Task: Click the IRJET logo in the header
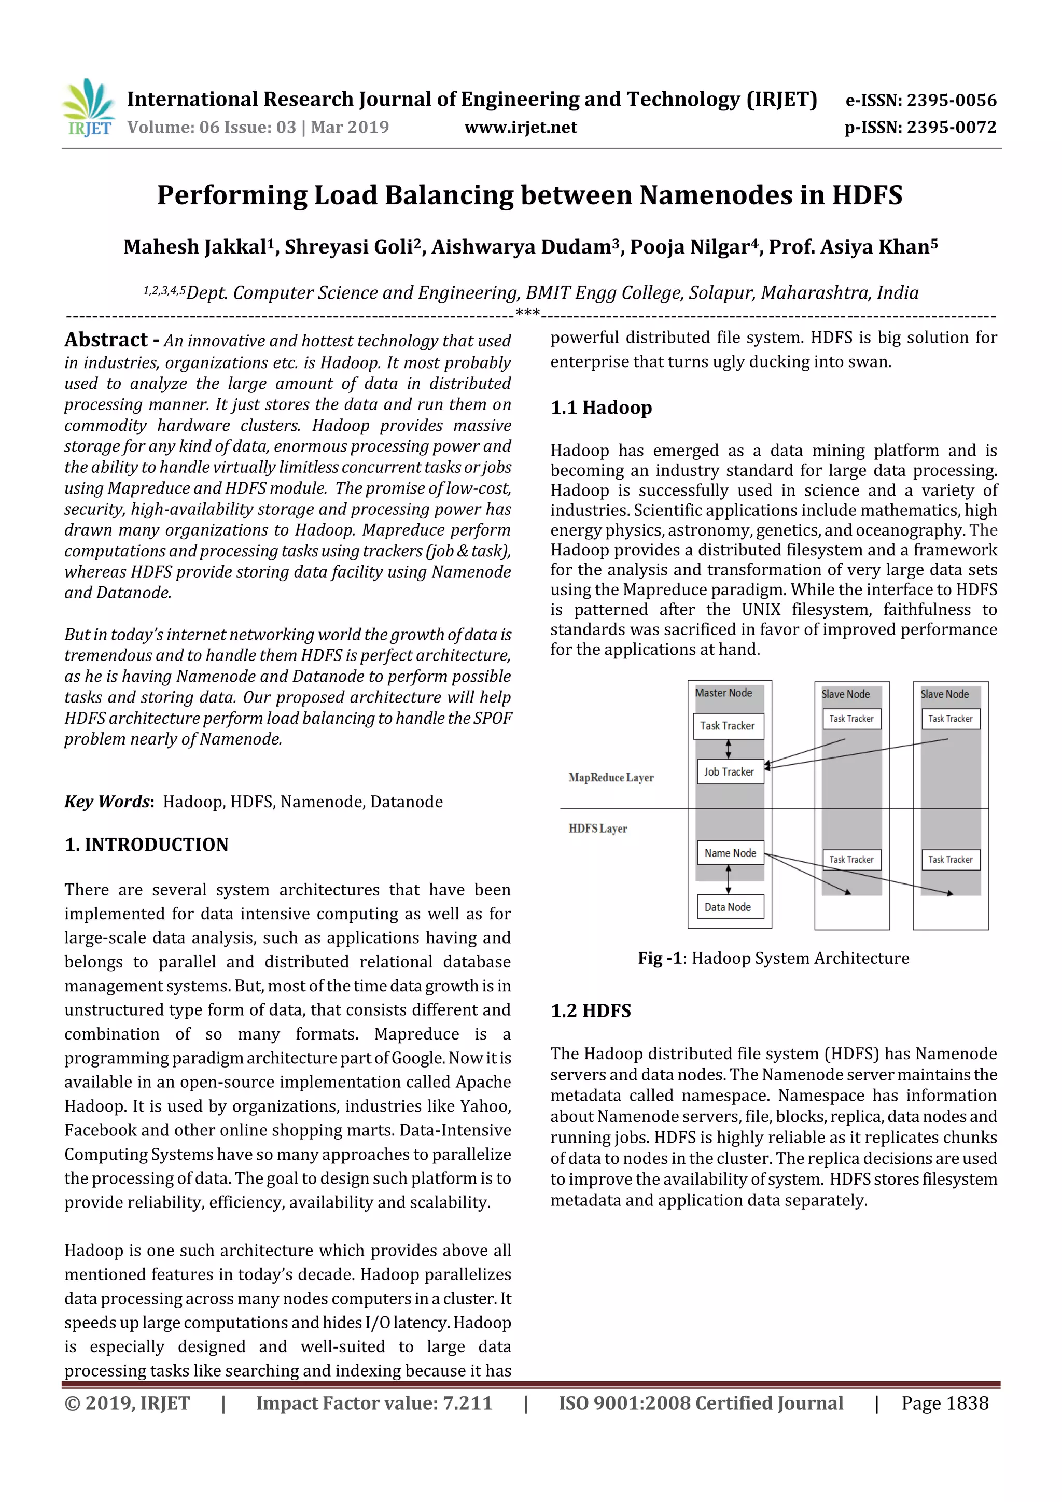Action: coord(88,108)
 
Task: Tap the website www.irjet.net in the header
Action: coord(521,127)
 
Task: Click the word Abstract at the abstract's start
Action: coord(106,340)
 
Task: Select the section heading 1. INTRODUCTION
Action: coord(147,845)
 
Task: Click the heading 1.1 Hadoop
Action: coord(600,408)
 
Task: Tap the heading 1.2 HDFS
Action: coord(590,1010)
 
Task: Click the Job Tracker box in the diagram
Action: coord(729,772)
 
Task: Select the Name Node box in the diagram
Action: coord(730,853)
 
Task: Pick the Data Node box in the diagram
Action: coord(728,907)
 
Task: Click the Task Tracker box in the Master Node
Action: coord(727,726)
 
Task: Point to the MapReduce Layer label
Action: coord(610,778)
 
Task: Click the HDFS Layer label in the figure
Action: coord(597,829)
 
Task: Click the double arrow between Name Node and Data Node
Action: coord(728,880)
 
